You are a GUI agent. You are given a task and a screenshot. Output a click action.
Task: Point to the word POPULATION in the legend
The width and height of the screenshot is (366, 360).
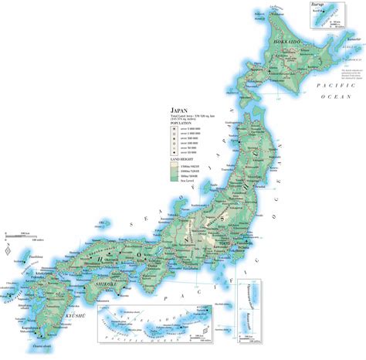click(x=182, y=122)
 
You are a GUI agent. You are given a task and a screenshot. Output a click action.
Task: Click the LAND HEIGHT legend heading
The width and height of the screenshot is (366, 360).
click(x=183, y=160)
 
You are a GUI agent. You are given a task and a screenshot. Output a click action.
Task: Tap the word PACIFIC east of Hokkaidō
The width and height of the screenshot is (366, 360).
click(x=339, y=89)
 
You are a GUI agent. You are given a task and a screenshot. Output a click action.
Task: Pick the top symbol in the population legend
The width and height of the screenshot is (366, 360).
click(x=175, y=128)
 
